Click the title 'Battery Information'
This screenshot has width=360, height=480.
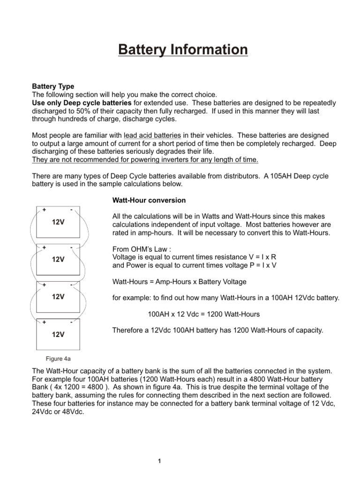tap(182, 50)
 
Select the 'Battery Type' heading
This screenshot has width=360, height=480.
tap(52, 87)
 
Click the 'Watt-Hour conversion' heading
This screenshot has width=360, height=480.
tap(149, 200)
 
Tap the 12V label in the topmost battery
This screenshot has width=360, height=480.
tap(58, 222)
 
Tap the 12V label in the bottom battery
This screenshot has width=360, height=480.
tap(58, 335)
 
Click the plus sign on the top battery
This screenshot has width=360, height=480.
tap(44, 210)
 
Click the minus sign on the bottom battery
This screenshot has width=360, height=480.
tap(71, 322)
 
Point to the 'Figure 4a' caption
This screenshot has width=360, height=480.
tap(58, 359)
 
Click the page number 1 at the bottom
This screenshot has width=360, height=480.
tap(159, 461)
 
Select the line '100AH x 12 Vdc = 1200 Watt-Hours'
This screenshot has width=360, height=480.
tap(203, 314)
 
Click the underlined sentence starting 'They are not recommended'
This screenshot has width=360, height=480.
tap(145, 160)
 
